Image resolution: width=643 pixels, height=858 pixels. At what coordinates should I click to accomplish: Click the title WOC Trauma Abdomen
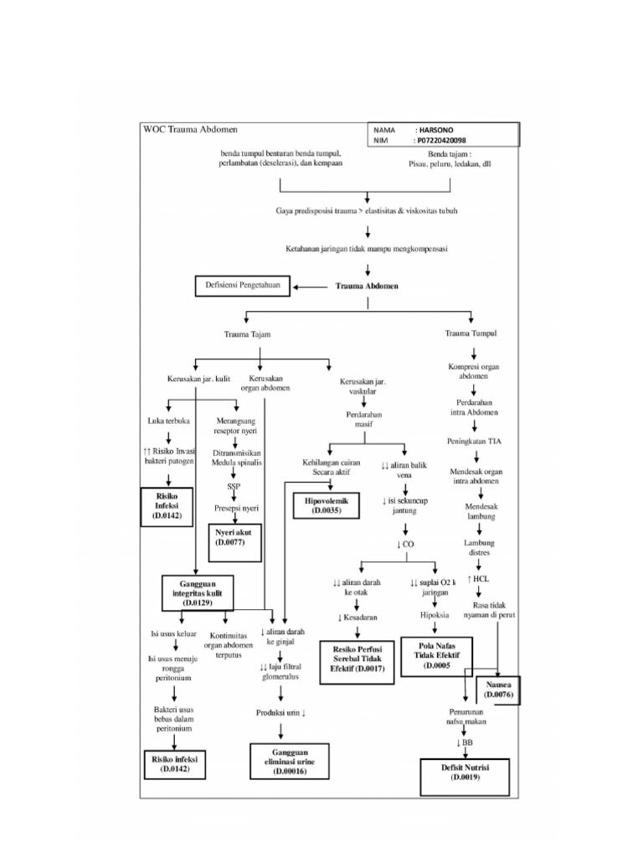188,131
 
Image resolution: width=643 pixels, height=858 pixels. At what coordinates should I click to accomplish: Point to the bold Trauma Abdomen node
367,286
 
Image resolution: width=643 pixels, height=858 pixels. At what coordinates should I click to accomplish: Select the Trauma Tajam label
248,334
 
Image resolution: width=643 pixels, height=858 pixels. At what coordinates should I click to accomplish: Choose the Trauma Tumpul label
471,333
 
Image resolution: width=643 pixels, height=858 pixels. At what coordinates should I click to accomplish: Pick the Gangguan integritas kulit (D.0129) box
198,592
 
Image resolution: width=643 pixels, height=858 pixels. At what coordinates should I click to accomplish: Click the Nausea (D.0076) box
498,690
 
